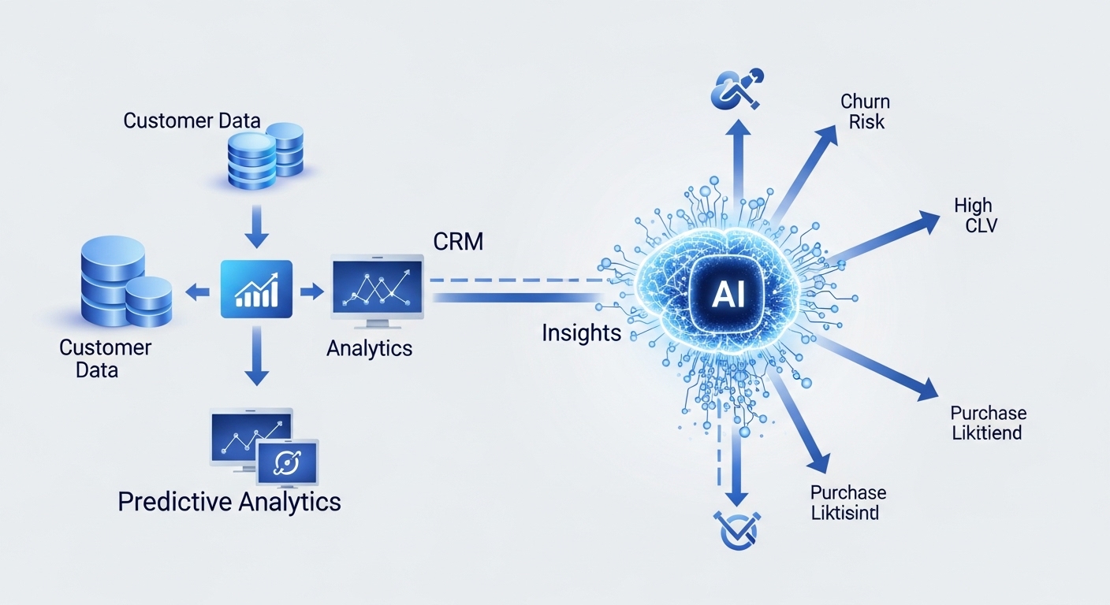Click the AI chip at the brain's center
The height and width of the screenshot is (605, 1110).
pyautogui.click(x=723, y=294)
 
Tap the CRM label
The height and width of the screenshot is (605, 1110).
pyautogui.click(x=458, y=241)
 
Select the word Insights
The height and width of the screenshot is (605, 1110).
pyautogui.click(x=581, y=332)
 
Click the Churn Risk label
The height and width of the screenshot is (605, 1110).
pyautogui.click(x=865, y=111)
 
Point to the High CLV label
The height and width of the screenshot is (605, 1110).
pyautogui.click(x=974, y=215)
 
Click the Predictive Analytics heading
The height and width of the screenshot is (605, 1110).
pyautogui.click(x=229, y=501)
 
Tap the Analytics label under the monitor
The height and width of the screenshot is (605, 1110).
pyautogui.click(x=369, y=347)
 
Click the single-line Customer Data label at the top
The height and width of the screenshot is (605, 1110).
pyautogui.click(x=192, y=121)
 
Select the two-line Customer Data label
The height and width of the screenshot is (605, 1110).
pyautogui.click(x=105, y=358)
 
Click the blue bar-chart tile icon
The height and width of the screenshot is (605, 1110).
pyautogui.click(x=257, y=289)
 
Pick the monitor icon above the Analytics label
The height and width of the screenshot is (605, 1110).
pyautogui.click(x=378, y=288)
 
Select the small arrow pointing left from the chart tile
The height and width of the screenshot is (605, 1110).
pyautogui.click(x=198, y=292)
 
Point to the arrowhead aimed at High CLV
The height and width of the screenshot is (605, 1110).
pyautogui.click(x=927, y=223)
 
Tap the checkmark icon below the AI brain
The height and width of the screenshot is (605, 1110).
pyautogui.click(x=735, y=529)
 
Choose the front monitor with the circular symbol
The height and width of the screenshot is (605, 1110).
pyautogui.click(x=287, y=462)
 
